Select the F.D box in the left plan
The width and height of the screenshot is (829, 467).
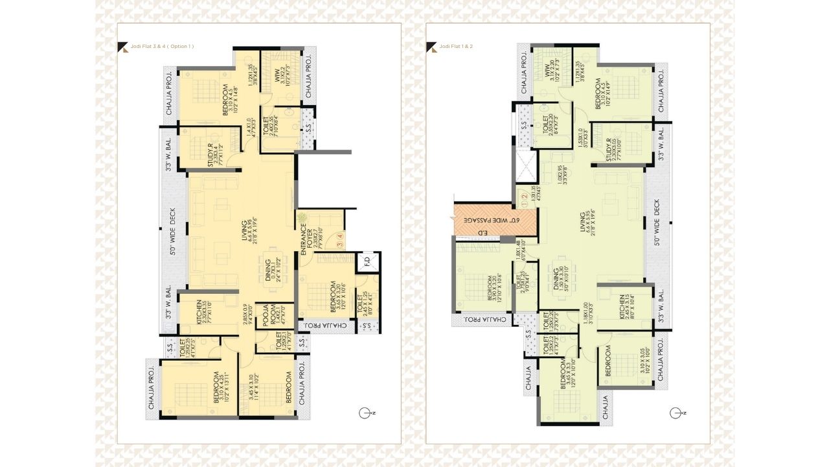click(367, 263)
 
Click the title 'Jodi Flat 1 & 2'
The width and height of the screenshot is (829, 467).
click(455, 47)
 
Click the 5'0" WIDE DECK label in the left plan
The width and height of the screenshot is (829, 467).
click(172, 232)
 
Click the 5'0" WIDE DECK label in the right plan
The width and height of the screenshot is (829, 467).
click(657, 232)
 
